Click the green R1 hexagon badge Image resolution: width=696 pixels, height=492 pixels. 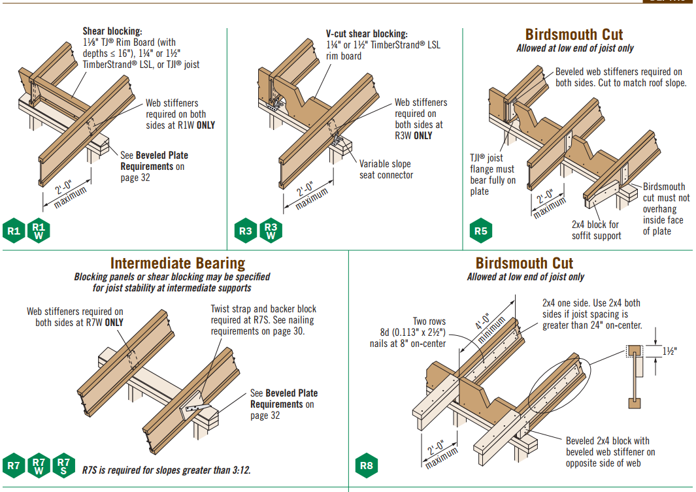click(x=14, y=231)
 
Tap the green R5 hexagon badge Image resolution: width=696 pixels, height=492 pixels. click(x=480, y=231)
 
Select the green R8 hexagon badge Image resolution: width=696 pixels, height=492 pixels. click(x=366, y=466)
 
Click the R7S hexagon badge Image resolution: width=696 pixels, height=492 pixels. click(x=63, y=466)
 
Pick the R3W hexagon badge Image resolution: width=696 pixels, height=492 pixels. click(x=271, y=231)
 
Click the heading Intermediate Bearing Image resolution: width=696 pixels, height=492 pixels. click(x=177, y=263)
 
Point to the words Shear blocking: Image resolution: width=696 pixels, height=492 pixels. click(x=112, y=31)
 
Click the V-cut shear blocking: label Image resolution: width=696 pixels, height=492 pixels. click(x=367, y=34)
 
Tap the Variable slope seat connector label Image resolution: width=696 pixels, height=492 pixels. click(x=386, y=169)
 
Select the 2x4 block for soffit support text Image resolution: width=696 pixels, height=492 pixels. click(x=596, y=230)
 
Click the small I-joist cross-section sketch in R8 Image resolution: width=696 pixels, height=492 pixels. click(x=633, y=375)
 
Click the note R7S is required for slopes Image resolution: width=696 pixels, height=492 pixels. click(x=166, y=470)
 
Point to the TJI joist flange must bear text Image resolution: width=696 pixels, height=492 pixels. click(x=492, y=174)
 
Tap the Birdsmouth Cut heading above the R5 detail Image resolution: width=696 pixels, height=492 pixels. click(x=574, y=35)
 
